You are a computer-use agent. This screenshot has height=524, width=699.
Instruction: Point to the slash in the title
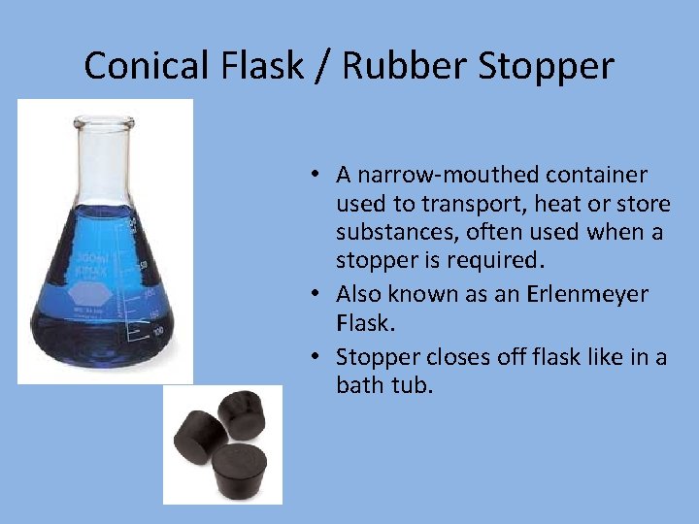point(316,66)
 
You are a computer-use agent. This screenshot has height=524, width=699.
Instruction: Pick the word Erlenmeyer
point(588,294)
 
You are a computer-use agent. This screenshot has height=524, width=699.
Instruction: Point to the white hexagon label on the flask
point(88,292)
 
